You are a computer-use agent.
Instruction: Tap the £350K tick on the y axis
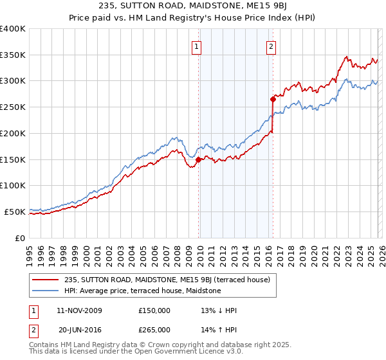(x=13, y=55)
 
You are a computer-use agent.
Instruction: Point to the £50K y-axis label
(x=15, y=212)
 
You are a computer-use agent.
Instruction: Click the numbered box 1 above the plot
(x=196, y=46)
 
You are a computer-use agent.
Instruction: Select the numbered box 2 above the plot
(x=271, y=46)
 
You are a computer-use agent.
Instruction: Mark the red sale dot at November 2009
(x=198, y=160)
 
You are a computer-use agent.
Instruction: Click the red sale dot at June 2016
(x=273, y=99)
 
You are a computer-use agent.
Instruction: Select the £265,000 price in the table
(x=154, y=329)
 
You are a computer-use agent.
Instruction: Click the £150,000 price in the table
(x=154, y=310)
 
